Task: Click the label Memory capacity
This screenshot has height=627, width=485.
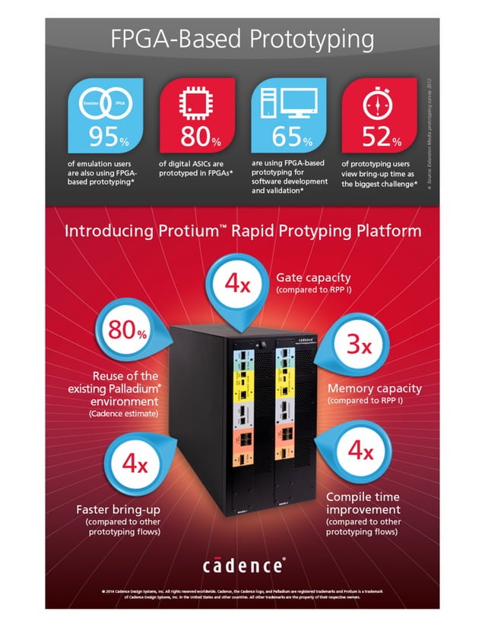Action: [x=374, y=389]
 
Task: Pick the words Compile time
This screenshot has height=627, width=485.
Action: [x=361, y=496]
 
